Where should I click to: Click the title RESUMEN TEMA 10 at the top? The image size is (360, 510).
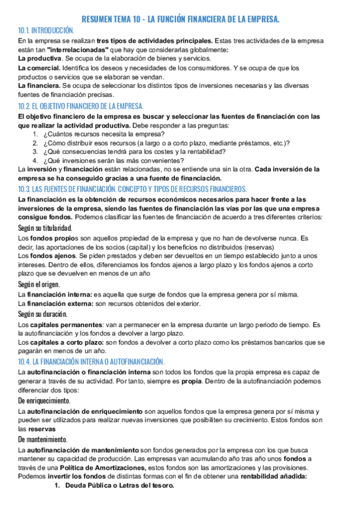point(180,19)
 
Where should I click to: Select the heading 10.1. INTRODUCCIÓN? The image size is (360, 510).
point(46,30)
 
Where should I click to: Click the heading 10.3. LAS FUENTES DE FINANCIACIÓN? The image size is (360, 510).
point(129,189)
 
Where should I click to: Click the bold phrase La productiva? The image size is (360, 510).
point(40,58)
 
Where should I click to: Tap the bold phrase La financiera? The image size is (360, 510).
point(39,86)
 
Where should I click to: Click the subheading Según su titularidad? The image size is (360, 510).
point(46,228)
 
